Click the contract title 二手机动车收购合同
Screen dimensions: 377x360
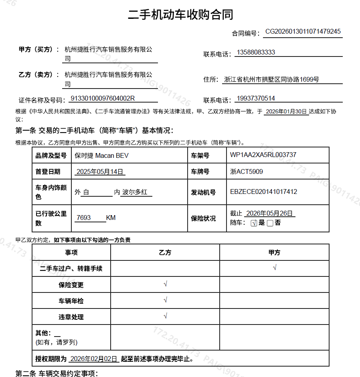coord(180,15)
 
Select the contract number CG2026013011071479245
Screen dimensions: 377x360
coord(303,32)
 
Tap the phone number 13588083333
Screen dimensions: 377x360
coord(256,52)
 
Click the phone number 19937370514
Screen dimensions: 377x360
coord(256,99)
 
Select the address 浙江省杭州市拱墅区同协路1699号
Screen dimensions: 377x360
coord(271,79)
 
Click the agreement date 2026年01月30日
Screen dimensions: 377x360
coord(286,111)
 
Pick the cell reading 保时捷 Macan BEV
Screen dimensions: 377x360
coord(102,155)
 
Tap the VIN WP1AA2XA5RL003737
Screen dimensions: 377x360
coord(263,155)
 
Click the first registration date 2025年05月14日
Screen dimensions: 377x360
coord(99,172)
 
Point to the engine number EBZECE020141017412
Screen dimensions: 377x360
coord(263,192)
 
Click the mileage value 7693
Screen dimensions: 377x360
coord(84,218)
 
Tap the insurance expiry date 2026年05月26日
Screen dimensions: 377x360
coord(269,213)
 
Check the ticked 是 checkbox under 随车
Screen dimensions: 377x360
coord(253,223)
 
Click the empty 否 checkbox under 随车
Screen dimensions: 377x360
coord(270,223)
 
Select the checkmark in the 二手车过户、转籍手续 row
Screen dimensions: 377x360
coord(275,268)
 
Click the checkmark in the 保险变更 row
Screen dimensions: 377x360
coord(165,284)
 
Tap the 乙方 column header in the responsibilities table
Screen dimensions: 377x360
coord(165,252)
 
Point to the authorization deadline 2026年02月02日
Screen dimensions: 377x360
coord(94,359)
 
